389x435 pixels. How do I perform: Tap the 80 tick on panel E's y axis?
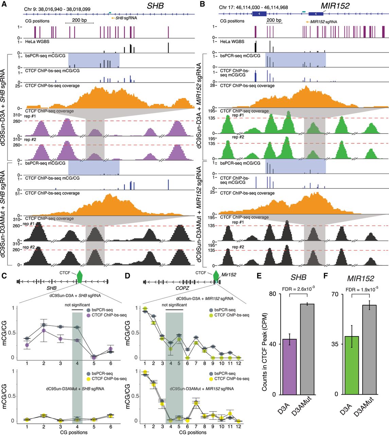272,294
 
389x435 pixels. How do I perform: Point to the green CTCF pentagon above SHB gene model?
79,277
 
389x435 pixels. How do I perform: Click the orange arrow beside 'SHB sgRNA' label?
113,18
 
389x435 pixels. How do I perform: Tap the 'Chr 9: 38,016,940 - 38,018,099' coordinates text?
57,9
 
